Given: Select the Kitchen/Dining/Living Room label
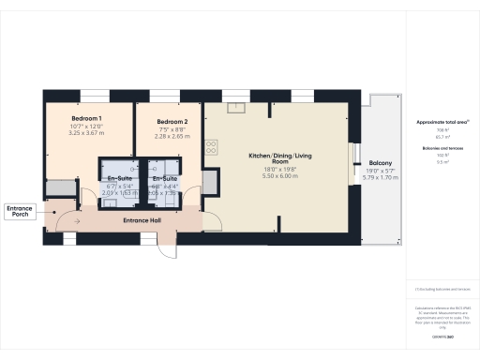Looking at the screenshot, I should [279, 159].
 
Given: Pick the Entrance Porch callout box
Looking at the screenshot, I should [20, 211].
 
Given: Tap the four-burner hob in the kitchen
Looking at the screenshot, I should [211, 147].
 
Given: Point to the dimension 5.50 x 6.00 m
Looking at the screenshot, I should [279, 176].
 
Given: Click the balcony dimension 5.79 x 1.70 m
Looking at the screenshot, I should [381, 178].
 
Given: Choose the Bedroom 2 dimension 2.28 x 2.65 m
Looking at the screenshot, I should [172, 137].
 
